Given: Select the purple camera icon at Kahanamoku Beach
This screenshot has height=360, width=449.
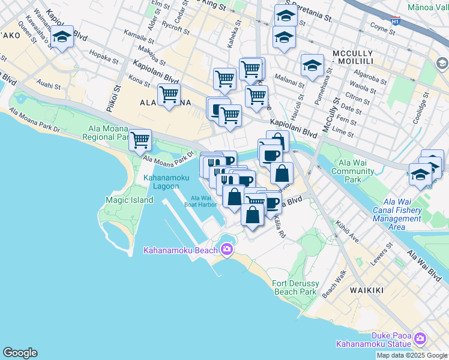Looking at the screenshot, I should coord(227,249).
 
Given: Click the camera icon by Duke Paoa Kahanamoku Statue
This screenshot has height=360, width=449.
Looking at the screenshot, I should coord(420,339).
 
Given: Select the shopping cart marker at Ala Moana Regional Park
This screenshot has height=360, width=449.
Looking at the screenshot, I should coord(140,140).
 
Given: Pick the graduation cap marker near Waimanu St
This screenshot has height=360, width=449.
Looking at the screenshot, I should coord(62,37).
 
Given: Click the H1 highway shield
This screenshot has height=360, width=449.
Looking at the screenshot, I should coord(395,20).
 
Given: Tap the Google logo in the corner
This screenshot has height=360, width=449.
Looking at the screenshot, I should coord(20,353).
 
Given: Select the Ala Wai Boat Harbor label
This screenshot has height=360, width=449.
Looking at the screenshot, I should coord(200,202).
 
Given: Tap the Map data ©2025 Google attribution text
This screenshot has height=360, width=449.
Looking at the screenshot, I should coord(412,355).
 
